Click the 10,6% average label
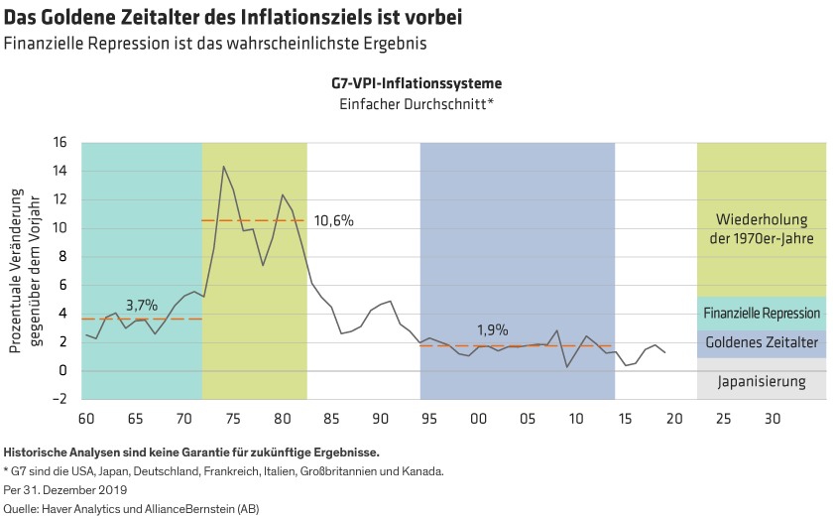[333, 220]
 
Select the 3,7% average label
[142, 305]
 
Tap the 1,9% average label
[492, 330]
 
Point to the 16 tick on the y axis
[59, 143]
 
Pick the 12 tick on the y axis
[59, 199]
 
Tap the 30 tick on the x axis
[772, 418]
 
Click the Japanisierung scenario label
[761, 382]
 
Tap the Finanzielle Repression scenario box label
[761, 314]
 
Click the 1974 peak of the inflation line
[223, 167]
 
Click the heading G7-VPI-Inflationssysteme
[416, 83]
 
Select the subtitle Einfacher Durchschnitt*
[416, 103]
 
